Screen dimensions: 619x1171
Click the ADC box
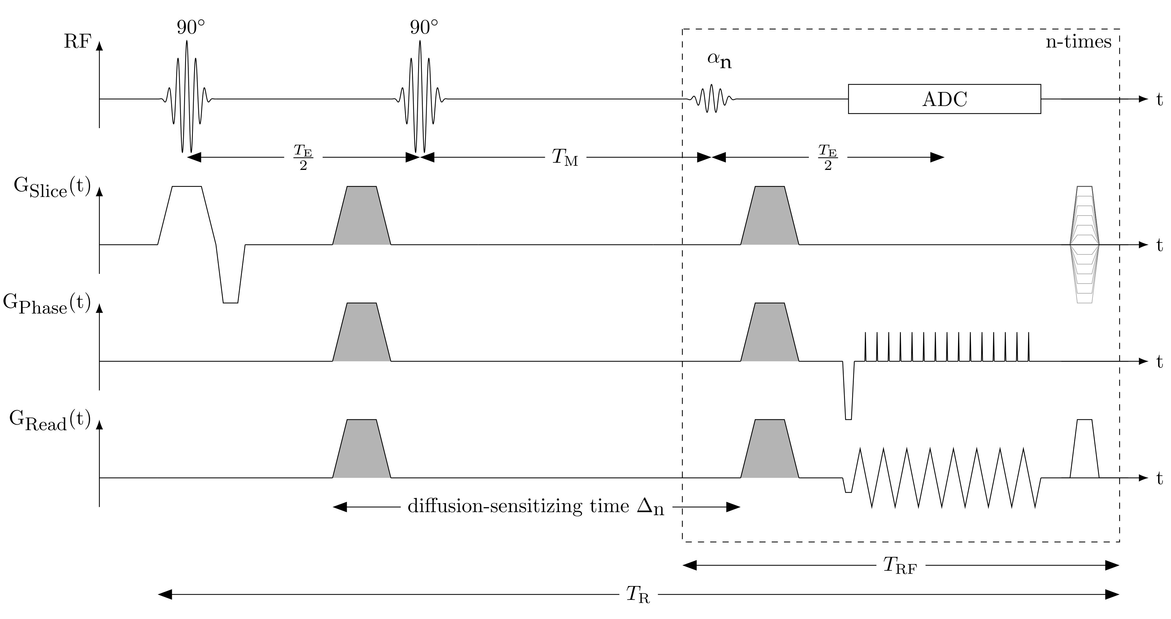pyautogui.click(x=944, y=99)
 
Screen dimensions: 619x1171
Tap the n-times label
pyautogui.click(x=1078, y=42)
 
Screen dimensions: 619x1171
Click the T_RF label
pyautogui.click(x=900, y=566)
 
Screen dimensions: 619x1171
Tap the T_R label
pyautogui.click(x=638, y=595)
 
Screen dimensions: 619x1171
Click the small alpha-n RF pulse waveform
pyautogui.click(x=711, y=98)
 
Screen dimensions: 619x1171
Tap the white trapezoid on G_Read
pyautogui.click(x=1085, y=450)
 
